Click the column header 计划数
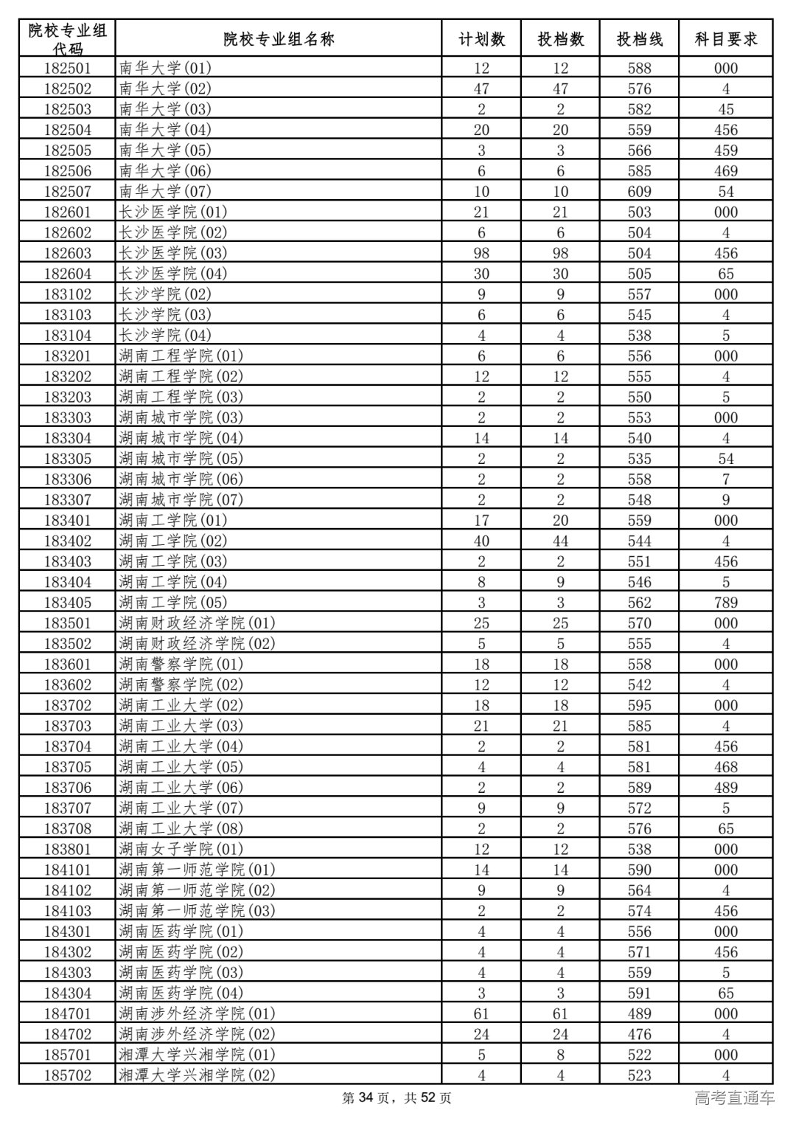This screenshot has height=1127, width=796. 481,39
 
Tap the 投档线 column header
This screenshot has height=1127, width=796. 639,39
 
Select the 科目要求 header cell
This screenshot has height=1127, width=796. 725,39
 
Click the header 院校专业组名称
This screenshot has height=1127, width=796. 279,39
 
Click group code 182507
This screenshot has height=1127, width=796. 68,192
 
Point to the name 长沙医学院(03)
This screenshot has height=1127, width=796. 173,253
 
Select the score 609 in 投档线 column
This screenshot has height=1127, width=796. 639,192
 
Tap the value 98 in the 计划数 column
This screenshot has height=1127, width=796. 481,253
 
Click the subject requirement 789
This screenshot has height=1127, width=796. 725,603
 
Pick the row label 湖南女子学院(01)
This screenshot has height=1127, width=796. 181,849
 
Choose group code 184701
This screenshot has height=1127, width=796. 68,1013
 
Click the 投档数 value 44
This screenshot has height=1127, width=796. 560,541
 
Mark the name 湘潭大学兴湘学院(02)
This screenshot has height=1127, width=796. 197,1075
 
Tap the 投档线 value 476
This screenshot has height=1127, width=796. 639,1034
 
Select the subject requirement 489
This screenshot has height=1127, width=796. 725,788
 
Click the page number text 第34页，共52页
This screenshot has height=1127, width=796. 397,1099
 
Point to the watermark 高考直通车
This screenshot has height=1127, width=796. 735,1098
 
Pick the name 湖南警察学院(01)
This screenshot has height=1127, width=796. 181,664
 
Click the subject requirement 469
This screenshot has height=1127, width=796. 725,171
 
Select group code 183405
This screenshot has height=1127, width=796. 68,603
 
